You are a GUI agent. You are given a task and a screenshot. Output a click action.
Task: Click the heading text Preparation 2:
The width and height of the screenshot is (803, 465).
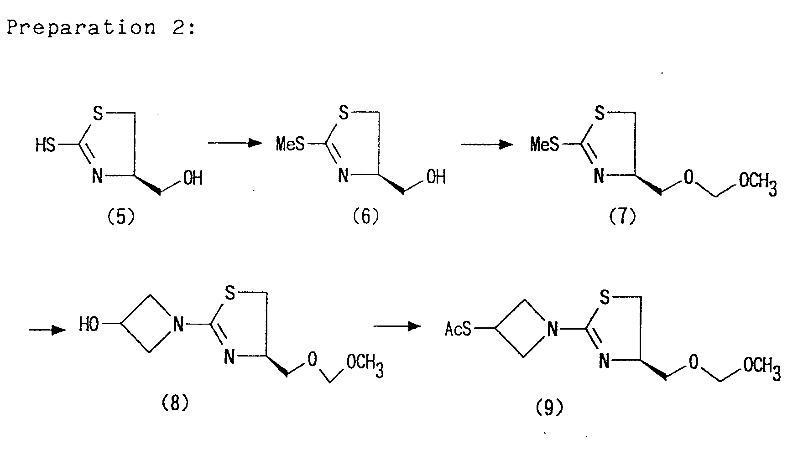click(x=101, y=28)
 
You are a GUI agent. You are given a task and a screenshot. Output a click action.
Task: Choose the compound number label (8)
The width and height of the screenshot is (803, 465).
click(x=175, y=403)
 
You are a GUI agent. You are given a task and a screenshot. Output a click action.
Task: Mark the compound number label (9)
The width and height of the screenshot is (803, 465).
click(x=549, y=407)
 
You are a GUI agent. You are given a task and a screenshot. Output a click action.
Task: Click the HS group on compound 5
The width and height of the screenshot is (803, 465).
click(x=45, y=145)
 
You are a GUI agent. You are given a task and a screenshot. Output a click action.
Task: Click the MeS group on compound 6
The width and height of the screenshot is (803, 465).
click(x=290, y=145)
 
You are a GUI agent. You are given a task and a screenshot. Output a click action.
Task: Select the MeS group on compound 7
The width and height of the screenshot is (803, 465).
click(x=544, y=145)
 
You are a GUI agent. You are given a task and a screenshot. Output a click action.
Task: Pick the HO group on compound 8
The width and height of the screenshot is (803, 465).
click(x=89, y=325)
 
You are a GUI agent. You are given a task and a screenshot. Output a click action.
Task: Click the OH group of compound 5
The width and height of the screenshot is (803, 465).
click(x=193, y=178)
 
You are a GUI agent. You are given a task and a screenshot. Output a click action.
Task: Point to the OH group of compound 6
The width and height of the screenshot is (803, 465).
click(x=436, y=177)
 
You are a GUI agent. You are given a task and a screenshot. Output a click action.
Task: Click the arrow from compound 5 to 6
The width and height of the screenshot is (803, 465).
click(x=235, y=144)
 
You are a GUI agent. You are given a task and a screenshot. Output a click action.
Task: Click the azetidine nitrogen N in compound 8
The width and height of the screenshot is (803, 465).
click(x=178, y=325)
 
